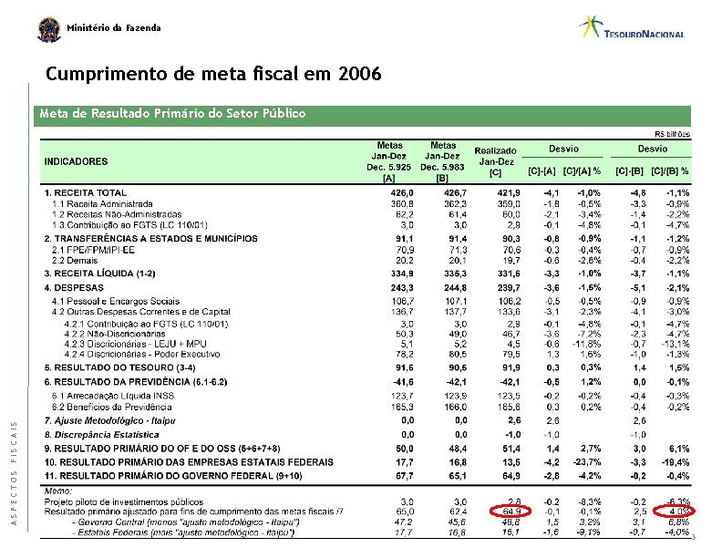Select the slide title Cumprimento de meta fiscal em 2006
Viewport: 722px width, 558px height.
coord(213,72)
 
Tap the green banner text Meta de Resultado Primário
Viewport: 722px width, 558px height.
coord(172,114)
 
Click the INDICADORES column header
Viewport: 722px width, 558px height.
coord(76,161)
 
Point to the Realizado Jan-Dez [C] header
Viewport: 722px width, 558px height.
coord(495,161)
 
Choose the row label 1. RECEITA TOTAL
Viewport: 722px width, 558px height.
coord(86,193)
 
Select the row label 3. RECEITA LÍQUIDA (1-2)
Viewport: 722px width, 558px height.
coord(100,273)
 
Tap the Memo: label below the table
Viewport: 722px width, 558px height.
coord(59,491)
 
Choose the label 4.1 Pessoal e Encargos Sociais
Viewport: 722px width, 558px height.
coord(116,301)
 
